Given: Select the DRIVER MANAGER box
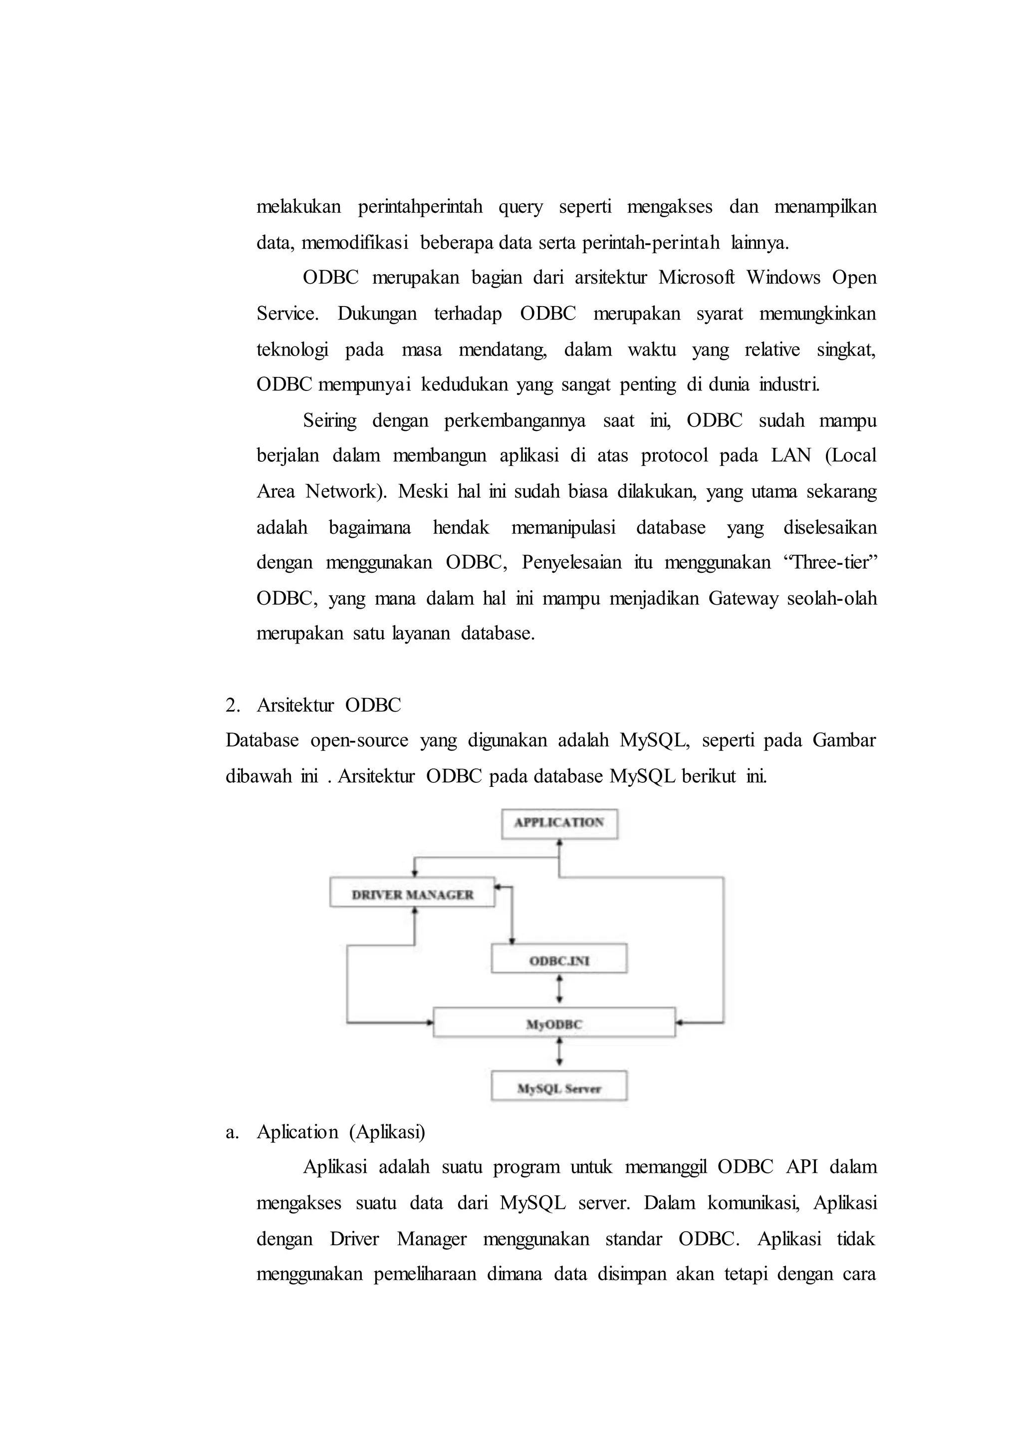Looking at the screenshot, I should pyautogui.click(x=412, y=895).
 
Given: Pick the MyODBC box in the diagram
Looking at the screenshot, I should pyautogui.click(x=554, y=1025).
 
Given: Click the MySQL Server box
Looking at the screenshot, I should pyautogui.click(x=559, y=1088).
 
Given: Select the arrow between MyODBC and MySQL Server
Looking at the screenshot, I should pyautogui.click(x=559, y=1056).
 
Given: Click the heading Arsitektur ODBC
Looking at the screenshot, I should pyautogui.click(x=328, y=705).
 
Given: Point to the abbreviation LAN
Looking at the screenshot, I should pyautogui.click(x=791, y=455).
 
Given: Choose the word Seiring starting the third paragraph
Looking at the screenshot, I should pyautogui.click(x=329, y=420).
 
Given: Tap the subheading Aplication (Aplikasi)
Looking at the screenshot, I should pyautogui.click(x=340, y=1132).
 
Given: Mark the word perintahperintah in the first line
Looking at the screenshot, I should pyautogui.click(x=420, y=207).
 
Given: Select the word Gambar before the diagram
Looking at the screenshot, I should pyautogui.click(x=843, y=740).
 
